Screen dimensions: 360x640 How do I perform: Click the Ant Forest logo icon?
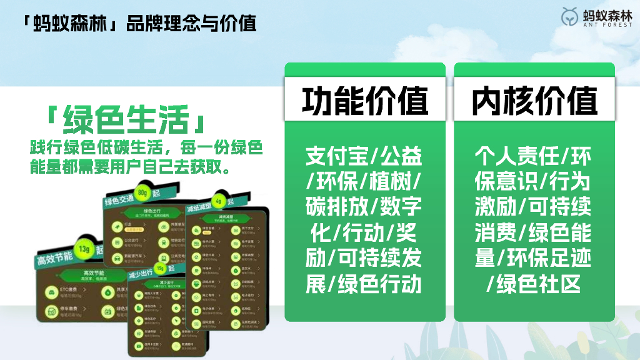pos(570,17)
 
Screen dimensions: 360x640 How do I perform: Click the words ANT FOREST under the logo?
pos(607,26)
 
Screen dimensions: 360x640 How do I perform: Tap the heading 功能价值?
pos(365,100)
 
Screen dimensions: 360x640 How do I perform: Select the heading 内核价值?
pos(534,100)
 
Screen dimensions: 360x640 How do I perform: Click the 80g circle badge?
pos(143,192)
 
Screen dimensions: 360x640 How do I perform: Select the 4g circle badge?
pos(218,201)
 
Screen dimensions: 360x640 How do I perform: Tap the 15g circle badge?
pos(161,269)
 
